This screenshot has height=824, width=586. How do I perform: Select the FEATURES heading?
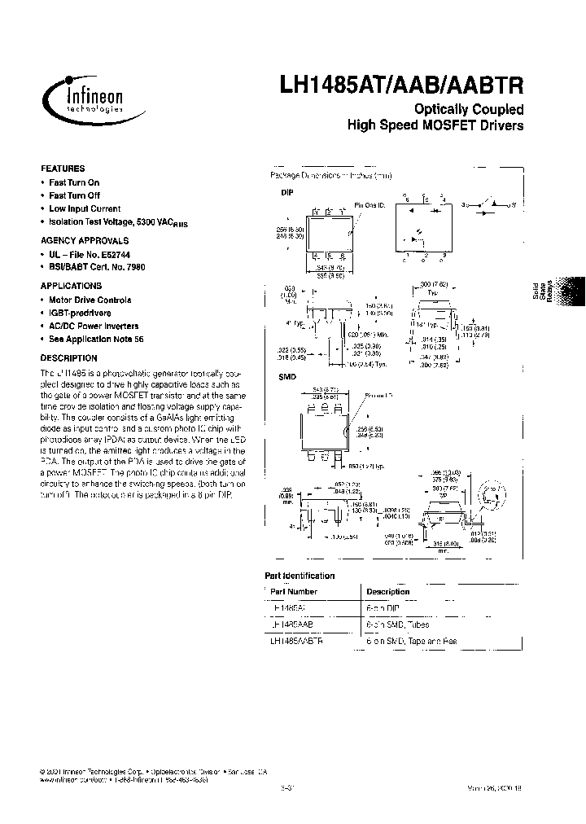(63, 169)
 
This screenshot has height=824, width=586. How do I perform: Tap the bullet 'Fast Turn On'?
(73, 183)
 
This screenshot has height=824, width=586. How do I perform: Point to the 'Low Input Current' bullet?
(85, 208)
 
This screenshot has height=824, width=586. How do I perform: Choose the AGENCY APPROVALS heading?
(85, 241)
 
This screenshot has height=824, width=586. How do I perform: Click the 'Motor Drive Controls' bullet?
(89, 300)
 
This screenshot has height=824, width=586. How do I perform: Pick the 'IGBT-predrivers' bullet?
(80, 313)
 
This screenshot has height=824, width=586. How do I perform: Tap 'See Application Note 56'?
(96, 339)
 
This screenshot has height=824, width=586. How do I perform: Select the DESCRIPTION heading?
(68, 357)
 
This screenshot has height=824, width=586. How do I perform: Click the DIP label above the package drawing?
(286, 193)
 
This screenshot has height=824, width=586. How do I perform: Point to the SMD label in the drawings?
(287, 377)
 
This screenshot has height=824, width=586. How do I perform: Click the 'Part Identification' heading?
(300, 576)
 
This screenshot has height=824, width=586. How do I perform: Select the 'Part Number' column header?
(294, 592)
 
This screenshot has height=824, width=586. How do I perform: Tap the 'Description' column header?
(388, 592)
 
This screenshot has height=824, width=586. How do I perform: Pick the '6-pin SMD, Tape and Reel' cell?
(412, 642)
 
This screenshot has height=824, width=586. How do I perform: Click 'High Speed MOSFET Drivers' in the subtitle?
(435, 126)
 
